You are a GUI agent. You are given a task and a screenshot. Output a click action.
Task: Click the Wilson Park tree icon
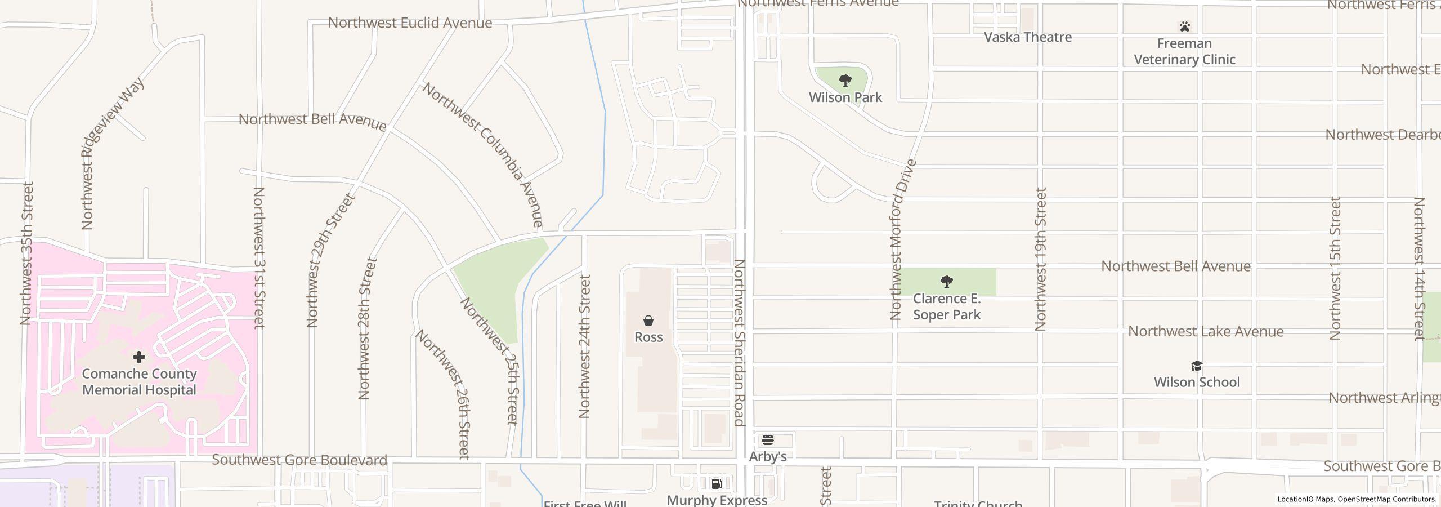click(845, 81)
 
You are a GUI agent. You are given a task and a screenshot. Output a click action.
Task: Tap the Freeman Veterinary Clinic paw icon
click(1184, 26)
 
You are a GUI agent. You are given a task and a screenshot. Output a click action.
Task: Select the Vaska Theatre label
click(1027, 37)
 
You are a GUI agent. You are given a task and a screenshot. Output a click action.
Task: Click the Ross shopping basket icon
click(648, 321)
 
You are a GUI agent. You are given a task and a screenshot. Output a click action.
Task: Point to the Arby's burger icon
click(768, 440)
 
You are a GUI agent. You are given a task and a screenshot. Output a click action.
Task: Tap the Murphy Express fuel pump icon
click(717, 483)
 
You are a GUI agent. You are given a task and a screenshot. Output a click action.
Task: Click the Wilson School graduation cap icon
click(1197, 366)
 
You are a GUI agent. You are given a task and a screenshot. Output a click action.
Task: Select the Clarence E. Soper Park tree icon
click(947, 281)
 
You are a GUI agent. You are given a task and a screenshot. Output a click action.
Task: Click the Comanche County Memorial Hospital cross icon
click(139, 357)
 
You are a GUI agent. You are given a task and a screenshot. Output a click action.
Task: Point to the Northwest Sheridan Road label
click(739, 343)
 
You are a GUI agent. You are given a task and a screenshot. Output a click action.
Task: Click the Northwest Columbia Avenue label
click(483, 155)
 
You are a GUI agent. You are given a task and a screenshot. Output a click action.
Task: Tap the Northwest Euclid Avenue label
click(410, 23)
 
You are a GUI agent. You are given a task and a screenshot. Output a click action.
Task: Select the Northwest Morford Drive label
click(902, 239)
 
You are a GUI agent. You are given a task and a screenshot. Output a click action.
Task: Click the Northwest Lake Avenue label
click(1206, 331)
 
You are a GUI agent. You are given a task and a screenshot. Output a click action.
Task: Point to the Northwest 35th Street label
click(26, 253)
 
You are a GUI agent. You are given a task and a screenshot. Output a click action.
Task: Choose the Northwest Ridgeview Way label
click(112, 153)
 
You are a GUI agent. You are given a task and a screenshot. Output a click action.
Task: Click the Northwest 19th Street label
click(1040, 259)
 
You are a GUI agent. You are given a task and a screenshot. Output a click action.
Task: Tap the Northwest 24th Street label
click(585, 346)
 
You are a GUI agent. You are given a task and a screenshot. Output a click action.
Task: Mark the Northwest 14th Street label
click(1419, 269)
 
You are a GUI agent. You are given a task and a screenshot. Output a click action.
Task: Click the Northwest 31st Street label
click(258, 257)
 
